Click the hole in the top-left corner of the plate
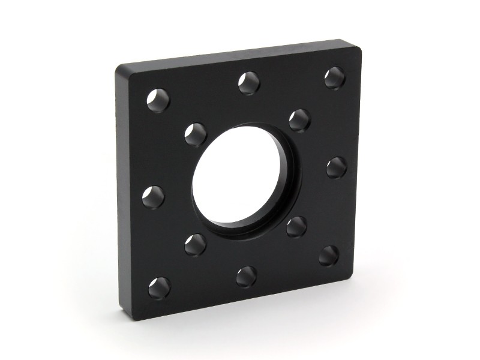(158, 100)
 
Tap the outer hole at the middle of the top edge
(249, 83)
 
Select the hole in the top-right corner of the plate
(334, 78)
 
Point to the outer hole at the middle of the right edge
(336, 167)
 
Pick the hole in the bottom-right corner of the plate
(328, 256)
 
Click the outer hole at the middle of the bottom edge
(247, 276)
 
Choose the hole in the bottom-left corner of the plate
(160, 288)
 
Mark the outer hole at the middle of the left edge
(153, 197)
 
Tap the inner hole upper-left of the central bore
(196, 134)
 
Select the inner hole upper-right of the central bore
(299, 120)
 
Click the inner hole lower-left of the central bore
(196, 245)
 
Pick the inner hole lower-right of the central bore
(296, 227)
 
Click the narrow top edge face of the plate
(240, 52)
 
